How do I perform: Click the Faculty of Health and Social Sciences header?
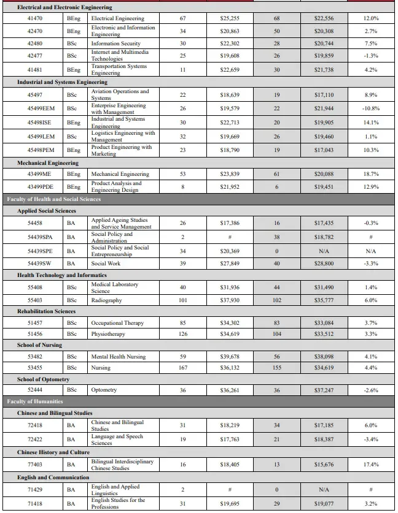click(54, 199)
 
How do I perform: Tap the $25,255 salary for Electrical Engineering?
click(230, 18)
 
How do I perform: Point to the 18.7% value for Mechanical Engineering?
click(371, 174)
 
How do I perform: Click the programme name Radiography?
click(106, 300)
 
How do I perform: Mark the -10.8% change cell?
click(371, 108)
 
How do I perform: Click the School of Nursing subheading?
click(39, 345)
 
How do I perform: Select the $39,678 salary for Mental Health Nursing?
click(230, 356)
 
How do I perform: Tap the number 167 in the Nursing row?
click(182, 368)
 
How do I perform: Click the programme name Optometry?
click(104, 390)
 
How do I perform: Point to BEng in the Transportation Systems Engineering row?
click(74, 69)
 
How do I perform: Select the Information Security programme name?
click(115, 44)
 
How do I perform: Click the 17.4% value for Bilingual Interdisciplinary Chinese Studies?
click(371, 465)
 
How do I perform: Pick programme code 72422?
click(34, 439)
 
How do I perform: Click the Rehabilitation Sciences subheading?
click(46, 311)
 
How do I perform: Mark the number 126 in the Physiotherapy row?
click(182, 334)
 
